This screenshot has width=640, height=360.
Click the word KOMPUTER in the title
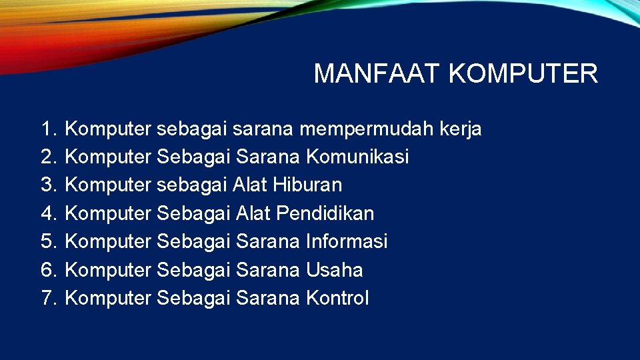(523, 73)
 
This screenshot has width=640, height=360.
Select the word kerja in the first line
(461, 129)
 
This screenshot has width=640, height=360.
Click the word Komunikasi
(357, 157)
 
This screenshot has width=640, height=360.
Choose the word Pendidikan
(325, 213)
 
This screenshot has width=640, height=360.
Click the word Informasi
(347, 241)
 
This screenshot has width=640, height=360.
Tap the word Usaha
(335, 270)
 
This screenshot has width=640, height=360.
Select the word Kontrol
(337, 298)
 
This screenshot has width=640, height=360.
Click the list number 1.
(49, 129)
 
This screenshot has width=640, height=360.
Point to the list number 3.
(49, 185)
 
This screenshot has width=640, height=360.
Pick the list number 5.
(49, 241)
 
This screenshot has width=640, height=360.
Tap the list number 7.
(49, 298)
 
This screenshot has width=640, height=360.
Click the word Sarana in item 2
(268, 157)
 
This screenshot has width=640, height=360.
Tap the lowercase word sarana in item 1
(267, 129)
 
